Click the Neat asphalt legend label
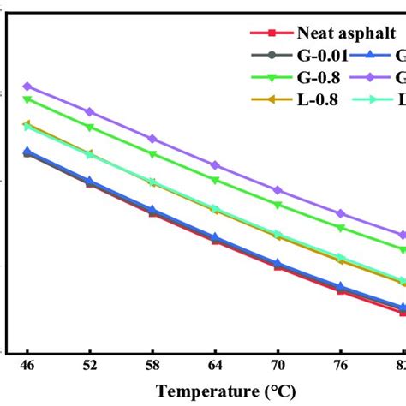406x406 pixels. click(345, 33)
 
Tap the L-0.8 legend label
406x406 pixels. click(319, 99)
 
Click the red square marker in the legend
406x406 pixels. click(271, 33)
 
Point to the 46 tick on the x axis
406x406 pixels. click(27, 365)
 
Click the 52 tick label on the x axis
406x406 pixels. click(89, 365)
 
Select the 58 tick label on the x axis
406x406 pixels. click(152, 365)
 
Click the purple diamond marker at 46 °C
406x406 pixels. click(27, 87)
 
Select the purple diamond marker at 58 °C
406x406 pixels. click(152, 139)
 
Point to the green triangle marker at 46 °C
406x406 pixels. click(27, 100)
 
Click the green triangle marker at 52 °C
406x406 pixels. click(89, 127)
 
